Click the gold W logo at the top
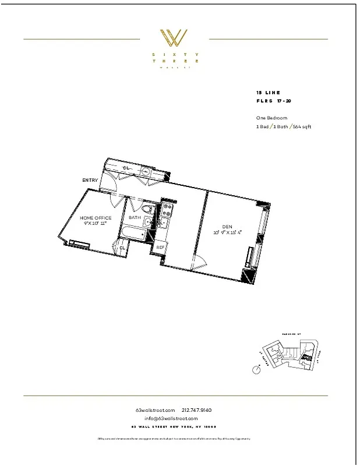coord(174,38)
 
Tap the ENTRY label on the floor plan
coord(90,181)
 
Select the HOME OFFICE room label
coord(96,218)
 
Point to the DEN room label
coord(227,227)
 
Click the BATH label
coord(135,218)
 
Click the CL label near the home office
coord(122,248)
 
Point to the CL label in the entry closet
coord(125,168)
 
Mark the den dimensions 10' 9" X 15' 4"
coord(227,232)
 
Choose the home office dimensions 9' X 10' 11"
coord(96,224)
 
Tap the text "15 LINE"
coord(268,93)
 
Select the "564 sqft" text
coord(301,126)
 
